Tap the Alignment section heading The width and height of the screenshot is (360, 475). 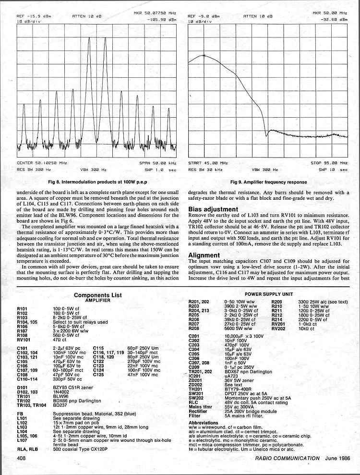(x=204, y=255)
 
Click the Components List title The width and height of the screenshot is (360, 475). (x=98, y=295)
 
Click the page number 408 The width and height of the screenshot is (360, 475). (x=21, y=458)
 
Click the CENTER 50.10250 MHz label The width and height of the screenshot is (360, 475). (x=42, y=163)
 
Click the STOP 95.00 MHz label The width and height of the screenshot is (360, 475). (x=329, y=163)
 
